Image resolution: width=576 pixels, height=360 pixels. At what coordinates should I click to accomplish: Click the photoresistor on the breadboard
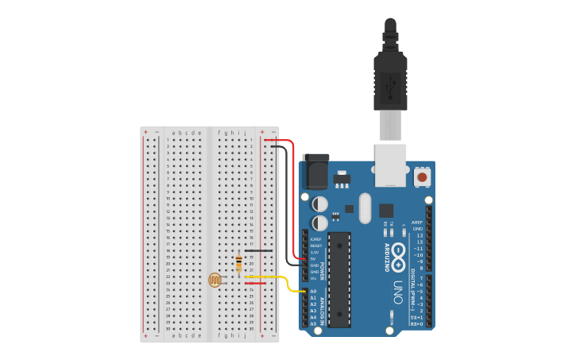215,280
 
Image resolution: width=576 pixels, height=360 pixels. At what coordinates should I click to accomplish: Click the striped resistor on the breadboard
239,263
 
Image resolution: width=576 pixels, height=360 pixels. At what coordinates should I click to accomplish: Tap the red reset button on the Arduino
422,177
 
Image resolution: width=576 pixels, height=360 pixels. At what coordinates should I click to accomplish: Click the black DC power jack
315,171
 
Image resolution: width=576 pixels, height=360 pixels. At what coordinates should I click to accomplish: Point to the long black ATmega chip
339,278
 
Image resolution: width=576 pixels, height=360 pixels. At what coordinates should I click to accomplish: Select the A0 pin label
313,292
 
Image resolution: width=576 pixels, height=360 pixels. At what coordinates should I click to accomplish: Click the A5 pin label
313,323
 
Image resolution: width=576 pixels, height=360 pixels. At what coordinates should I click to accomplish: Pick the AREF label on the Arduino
417,223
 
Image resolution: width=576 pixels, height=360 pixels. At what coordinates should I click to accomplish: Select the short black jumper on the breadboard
259,251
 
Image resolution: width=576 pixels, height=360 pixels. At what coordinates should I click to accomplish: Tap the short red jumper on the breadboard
255,283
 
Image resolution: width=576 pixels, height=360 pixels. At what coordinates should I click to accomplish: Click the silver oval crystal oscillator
365,208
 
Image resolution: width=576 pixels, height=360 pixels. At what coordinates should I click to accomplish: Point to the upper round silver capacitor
320,204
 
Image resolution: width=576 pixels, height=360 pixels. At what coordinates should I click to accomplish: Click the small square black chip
386,211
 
